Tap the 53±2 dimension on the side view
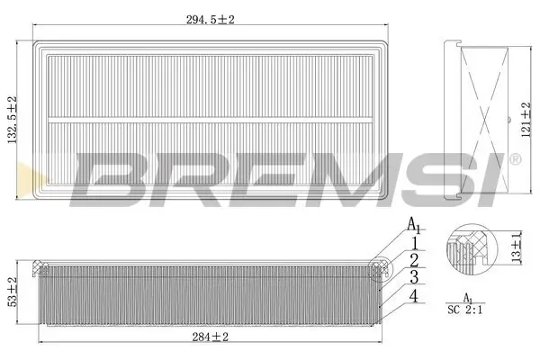(11, 293)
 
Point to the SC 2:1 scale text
(466, 310)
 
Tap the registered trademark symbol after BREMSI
(514, 159)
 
